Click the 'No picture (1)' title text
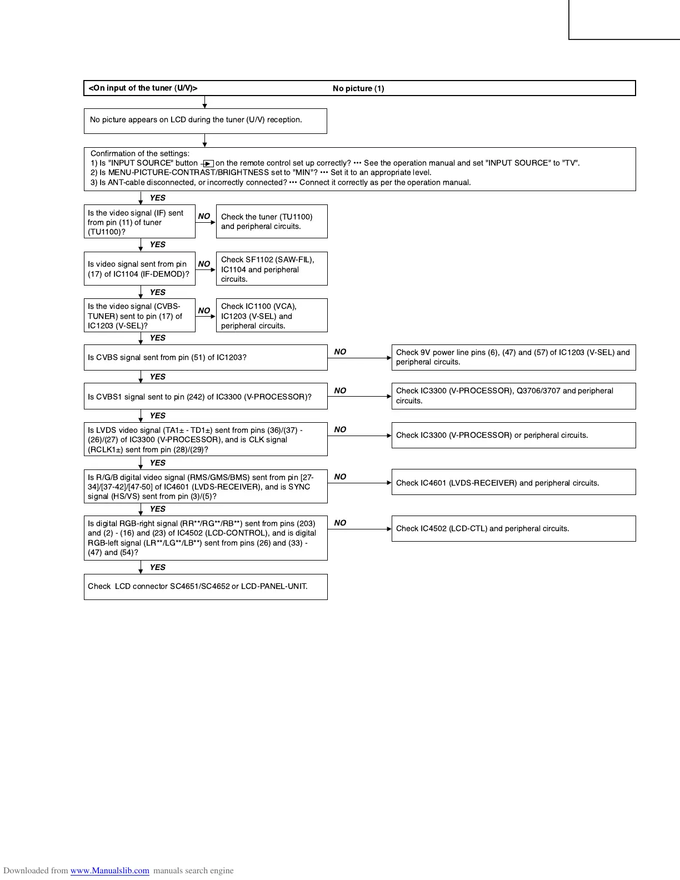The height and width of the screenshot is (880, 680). [x=358, y=88]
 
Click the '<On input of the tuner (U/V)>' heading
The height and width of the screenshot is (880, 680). [x=143, y=88]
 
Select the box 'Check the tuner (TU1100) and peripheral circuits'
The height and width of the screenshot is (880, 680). [x=271, y=221]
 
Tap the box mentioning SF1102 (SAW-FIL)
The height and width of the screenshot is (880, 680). [x=271, y=269]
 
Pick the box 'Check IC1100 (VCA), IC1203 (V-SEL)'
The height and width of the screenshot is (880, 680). [x=271, y=316]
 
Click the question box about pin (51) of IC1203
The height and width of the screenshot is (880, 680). [x=206, y=357]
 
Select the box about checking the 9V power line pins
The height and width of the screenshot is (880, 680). [x=513, y=357]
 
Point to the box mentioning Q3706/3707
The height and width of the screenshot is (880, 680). [x=513, y=396]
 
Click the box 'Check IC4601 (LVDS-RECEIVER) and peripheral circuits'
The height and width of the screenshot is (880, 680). [x=513, y=482]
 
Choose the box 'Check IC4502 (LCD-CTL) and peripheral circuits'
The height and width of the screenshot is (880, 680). [x=513, y=528]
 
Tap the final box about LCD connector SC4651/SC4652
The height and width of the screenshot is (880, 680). [x=206, y=586]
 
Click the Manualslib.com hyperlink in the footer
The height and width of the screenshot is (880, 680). [x=109, y=871]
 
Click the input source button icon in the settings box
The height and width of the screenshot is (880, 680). [x=208, y=163]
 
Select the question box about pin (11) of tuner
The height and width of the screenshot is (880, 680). [x=139, y=222]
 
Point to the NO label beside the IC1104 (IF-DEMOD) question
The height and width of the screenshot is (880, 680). [x=204, y=264]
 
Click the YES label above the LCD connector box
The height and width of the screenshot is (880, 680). [x=158, y=567]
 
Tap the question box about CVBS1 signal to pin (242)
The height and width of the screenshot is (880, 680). [x=206, y=396]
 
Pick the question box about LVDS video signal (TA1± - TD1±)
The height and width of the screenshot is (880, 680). [x=206, y=439]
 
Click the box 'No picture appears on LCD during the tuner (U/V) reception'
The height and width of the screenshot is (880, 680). [x=205, y=121]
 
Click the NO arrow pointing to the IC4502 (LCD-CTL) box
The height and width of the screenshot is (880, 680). [x=360, y=529]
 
